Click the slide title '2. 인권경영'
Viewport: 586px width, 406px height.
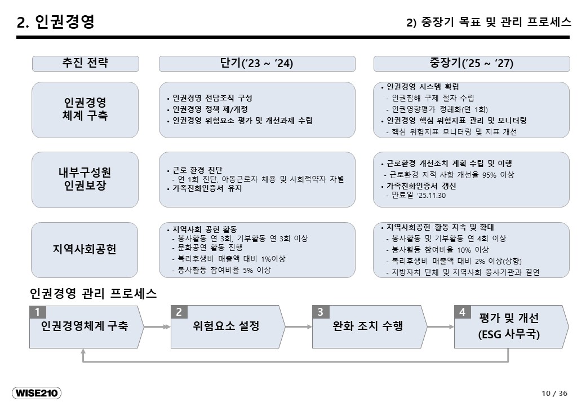tap(55, 21)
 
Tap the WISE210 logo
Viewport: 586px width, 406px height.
tap(37, 393)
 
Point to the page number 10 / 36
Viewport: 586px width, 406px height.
tap(554, 393)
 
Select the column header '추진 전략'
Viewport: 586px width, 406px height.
tap(85, 63)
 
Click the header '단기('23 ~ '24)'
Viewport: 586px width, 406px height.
tap(257, 63)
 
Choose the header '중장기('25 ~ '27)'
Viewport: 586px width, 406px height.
tap(472, 63)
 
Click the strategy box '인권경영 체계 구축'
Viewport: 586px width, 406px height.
tap(85, 109)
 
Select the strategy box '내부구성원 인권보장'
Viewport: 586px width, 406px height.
tap(85, 179)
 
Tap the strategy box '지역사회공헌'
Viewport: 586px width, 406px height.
tap(85, 250)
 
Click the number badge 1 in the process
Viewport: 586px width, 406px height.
tap(37, 312)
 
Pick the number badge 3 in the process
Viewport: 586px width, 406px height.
tap(320, 312)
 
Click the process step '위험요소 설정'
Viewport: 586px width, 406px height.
tap(226, 326)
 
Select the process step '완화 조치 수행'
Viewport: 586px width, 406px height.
tap(368, 326)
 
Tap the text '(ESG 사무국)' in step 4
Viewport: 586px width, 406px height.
tap(509, 334)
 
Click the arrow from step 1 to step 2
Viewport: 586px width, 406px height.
tap(157, 327)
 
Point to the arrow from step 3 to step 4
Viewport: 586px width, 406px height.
tap(441, 327)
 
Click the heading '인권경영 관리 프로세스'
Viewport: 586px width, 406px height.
tap(93, 293)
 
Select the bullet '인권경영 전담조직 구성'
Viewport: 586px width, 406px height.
tap(212, 98)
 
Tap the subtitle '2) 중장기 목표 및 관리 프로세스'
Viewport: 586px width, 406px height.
tap(489, 22)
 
